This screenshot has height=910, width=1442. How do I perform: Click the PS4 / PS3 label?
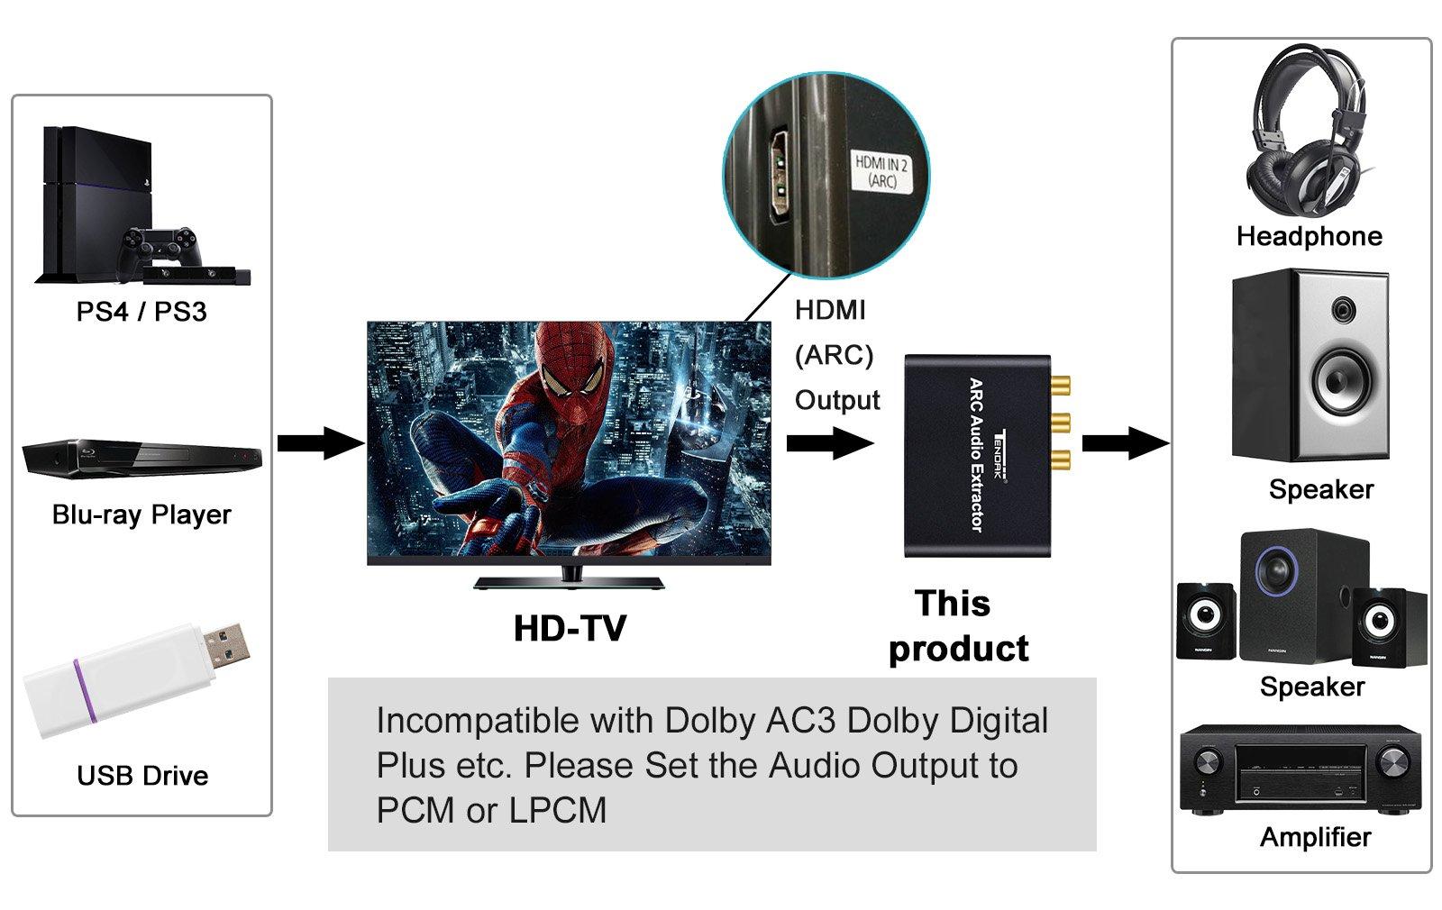[141, 312]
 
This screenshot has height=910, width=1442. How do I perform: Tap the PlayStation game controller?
[160, 242]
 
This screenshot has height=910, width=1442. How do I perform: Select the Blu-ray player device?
[141, 457]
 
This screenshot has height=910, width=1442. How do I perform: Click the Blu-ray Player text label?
[141, 514]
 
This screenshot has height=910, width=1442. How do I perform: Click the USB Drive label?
[142, 776]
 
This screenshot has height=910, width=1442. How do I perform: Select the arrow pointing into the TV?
[319, 443]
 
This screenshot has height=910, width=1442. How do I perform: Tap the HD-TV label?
[570, 628]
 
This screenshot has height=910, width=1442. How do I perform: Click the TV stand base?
[569, 581]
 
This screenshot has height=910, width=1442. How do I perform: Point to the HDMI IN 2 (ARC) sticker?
[881, 171]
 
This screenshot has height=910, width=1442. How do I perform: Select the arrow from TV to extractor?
[829, 443]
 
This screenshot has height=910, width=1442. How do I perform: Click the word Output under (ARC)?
[837, 400]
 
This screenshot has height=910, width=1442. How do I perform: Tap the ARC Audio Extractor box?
[977, 455]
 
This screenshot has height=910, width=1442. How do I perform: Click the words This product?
[957, 626]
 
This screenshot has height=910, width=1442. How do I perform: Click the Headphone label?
[1309, 236]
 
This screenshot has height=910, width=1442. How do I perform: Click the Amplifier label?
[1315, 837]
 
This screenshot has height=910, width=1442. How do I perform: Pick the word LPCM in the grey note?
[558, 810]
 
